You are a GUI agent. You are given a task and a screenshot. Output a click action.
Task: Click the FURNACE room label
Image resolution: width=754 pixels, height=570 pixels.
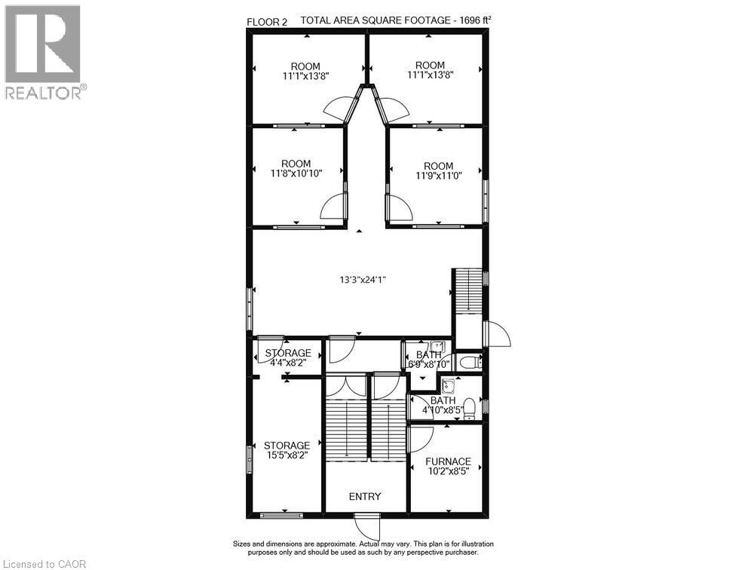[448, 461]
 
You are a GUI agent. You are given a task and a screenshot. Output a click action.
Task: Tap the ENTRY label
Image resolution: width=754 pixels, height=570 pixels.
[365, 496]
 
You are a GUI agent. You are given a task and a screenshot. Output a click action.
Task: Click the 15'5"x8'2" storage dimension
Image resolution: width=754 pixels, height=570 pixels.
[287, 456]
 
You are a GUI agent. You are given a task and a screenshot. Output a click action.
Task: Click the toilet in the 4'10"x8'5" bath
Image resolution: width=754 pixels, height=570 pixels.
[469, 408]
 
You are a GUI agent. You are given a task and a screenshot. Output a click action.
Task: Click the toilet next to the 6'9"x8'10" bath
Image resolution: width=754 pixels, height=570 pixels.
[467, 362]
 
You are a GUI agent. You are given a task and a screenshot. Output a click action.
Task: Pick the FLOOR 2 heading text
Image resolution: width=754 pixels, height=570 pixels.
[267, 22]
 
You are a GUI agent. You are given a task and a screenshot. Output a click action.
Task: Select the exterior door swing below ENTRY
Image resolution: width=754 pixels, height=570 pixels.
[366, 526]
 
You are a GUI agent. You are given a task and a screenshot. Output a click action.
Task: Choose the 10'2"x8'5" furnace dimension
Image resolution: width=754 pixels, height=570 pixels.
[448, 473]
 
